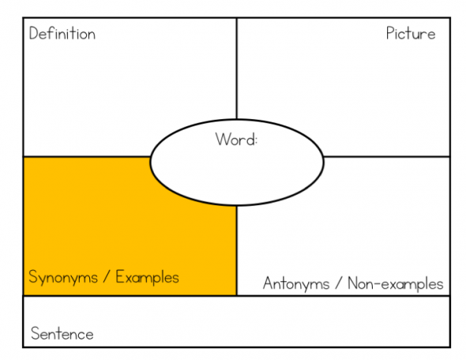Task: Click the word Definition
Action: (62, 33)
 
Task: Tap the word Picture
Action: (411, 33)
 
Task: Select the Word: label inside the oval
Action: (236, 139)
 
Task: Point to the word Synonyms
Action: (63, 278)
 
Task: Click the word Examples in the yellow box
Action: (148, 277)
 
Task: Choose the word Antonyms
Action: (296, 283)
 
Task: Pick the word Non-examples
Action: (396, 283)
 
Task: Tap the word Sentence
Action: (62, 333)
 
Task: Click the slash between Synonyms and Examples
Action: (107, 277)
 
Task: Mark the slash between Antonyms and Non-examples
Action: (339, 283)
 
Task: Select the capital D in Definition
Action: (34, 33)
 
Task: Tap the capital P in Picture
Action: (390, 33)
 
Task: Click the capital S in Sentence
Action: (36, 333)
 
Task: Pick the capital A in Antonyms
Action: (269, 283)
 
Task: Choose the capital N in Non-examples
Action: (352, 283)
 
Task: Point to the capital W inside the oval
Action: (223, 139)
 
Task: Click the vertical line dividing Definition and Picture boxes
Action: (237, 69)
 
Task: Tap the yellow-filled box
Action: (89, 226)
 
